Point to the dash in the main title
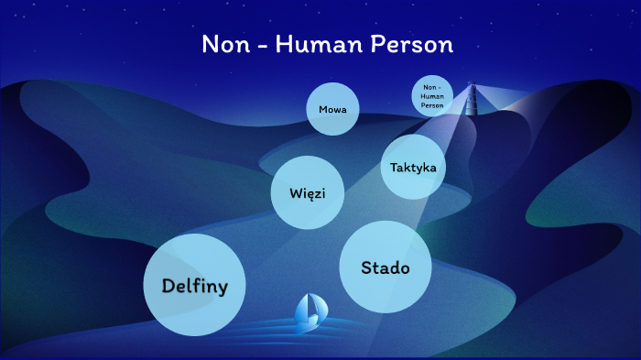[x=266, y=47]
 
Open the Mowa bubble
[x=331, y=109]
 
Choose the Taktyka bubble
[x=412, y=168]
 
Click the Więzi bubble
[x=301, y=192]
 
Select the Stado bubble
[x=385, y=267]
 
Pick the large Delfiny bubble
[x=194, y=285]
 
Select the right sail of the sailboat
[x=313, y=308]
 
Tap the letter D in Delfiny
[x=168, y=285]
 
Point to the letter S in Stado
[x=366, y=267]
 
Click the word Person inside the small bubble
[x=432, y=105]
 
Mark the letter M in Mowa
[x=322, y=109]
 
